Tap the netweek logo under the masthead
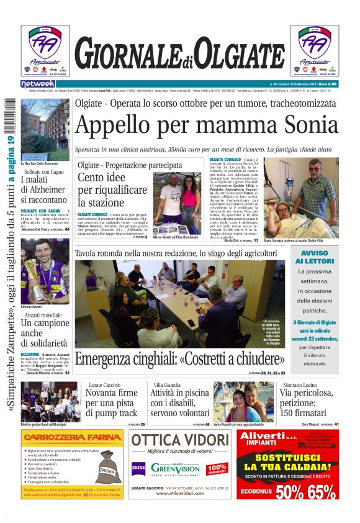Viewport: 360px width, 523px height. click(38, 84)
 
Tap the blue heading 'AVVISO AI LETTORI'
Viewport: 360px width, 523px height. click(315, 258)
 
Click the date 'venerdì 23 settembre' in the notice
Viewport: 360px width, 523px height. click(314, 339)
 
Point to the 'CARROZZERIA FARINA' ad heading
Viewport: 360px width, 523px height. click(72, 437)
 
